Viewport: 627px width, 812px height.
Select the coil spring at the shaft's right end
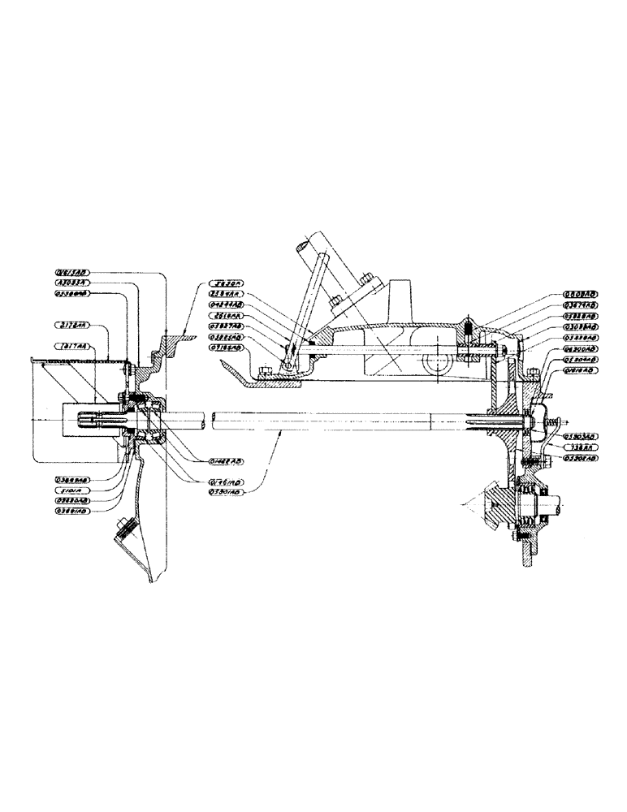[556, 423]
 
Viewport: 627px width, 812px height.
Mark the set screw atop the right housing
[469, 329]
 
